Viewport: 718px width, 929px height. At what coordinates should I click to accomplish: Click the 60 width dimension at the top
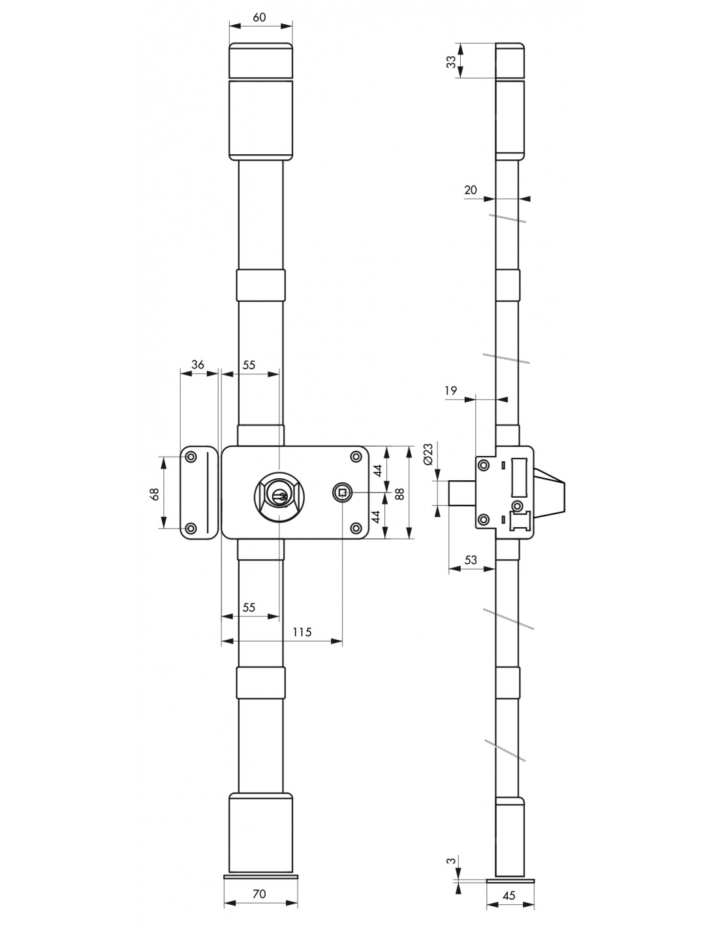pos(259,17)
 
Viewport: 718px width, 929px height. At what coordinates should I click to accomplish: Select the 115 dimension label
pos(302,632)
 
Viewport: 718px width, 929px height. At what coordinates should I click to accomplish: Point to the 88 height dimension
pos(399,494)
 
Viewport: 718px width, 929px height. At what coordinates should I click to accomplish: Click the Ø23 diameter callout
pos(428,454)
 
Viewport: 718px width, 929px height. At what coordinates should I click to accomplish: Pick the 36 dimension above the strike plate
pos(198,365)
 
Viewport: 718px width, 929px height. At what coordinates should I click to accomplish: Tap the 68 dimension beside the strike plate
pos(155,494)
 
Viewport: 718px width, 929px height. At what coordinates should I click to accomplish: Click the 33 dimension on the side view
pos(451,61)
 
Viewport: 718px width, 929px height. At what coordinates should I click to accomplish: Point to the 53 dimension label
pos(470,560)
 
